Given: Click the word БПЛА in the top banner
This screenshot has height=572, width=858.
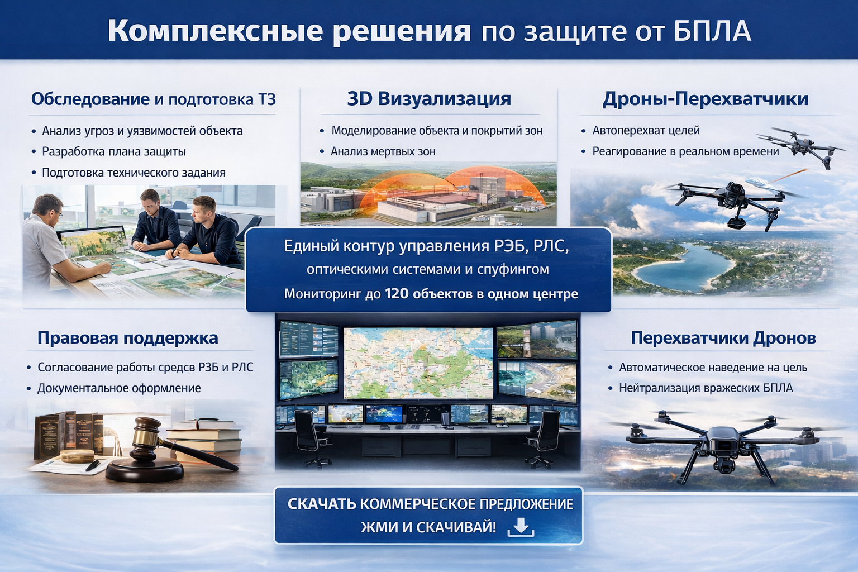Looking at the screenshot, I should coord(712,31).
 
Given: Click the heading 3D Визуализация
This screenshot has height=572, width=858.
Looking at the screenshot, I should coord(429,99).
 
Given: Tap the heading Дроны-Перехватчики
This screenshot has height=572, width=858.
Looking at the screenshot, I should coord(706,99).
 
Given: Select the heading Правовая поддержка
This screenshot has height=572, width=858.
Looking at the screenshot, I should coord(127,338).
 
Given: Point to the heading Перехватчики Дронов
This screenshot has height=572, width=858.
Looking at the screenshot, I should coord(723,338).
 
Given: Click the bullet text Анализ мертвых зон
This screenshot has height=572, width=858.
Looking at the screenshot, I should coord(383,151).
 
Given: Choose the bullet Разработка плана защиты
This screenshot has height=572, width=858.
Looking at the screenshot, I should coord(114,151).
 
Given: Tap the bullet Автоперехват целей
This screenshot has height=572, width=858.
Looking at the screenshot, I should coord(646,131).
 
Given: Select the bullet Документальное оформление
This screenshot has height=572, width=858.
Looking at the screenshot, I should coord(119,388).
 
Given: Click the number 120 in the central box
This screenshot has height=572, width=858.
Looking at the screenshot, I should coord(397,294).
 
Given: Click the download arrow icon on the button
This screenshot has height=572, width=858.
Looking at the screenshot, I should coord(521,527).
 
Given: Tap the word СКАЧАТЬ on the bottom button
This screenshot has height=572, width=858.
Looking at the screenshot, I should coord(321,504).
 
